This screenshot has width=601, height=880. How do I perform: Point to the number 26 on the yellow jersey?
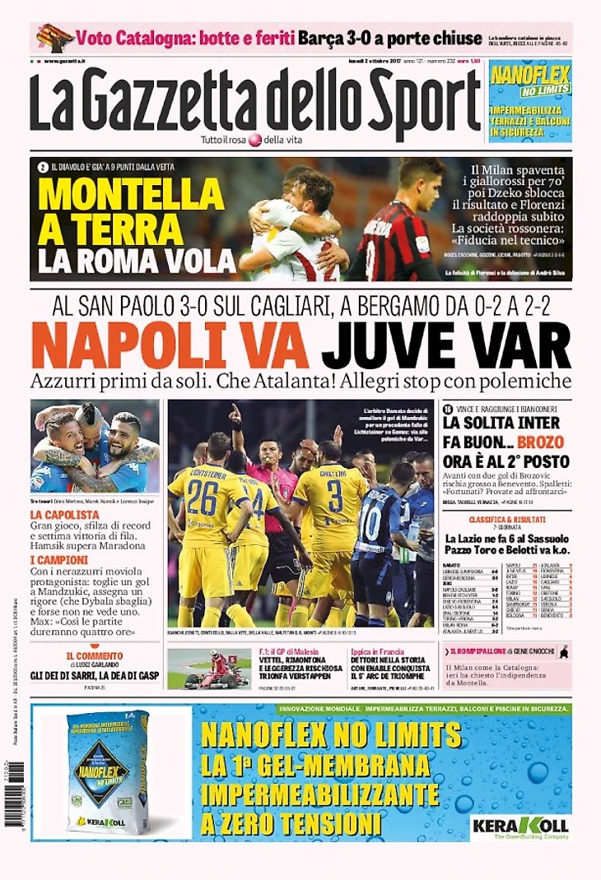tap(202, 498)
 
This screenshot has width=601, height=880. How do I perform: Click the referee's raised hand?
tap(235, 412)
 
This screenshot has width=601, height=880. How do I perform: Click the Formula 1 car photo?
tap(198, 669)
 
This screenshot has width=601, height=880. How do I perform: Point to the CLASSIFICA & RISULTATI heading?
tap(506, 521)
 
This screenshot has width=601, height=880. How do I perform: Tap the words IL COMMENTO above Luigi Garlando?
tap(95, 655)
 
